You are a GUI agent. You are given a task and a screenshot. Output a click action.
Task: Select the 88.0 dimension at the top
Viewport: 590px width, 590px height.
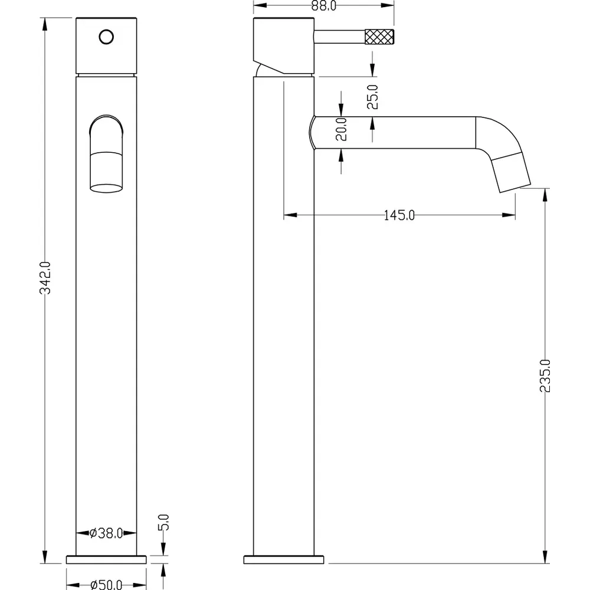tap(324, 6)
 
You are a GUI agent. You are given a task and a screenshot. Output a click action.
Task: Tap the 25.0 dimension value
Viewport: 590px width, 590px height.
tap(372, 97)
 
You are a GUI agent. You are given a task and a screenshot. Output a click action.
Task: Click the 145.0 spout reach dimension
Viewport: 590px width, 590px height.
tap(399, 215)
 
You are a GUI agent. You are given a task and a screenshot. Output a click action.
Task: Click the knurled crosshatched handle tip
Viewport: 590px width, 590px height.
tap(380, 37)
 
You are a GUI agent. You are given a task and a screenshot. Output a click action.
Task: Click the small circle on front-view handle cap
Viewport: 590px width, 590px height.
tap(106, 37)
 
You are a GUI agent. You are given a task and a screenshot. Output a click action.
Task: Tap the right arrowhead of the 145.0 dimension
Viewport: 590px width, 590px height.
tap(512, 215)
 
